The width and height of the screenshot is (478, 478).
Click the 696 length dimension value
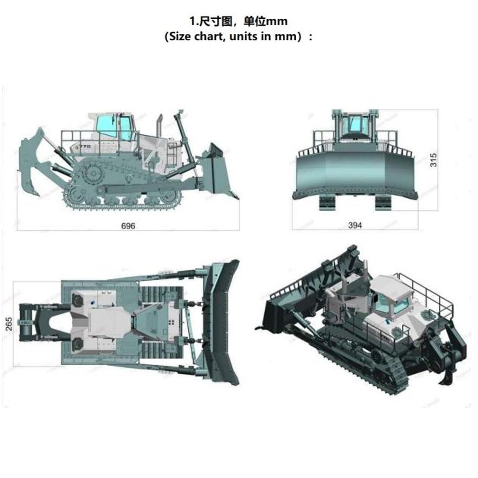(128, 226)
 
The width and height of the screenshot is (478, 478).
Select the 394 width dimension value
(355, 225)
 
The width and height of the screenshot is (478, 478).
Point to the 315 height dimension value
(433, 160)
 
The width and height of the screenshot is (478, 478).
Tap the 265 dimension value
(9, 324)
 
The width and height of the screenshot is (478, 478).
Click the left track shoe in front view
(326, 203)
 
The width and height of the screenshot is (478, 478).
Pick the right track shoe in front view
(383, 203)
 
